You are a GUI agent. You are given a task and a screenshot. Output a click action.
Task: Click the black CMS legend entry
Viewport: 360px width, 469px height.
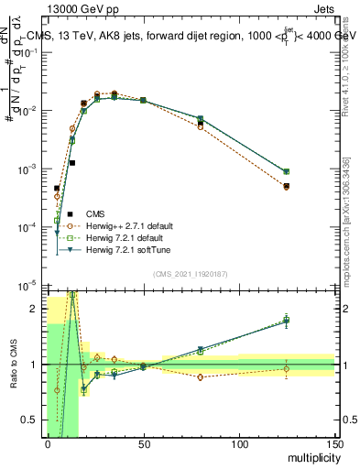100,213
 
